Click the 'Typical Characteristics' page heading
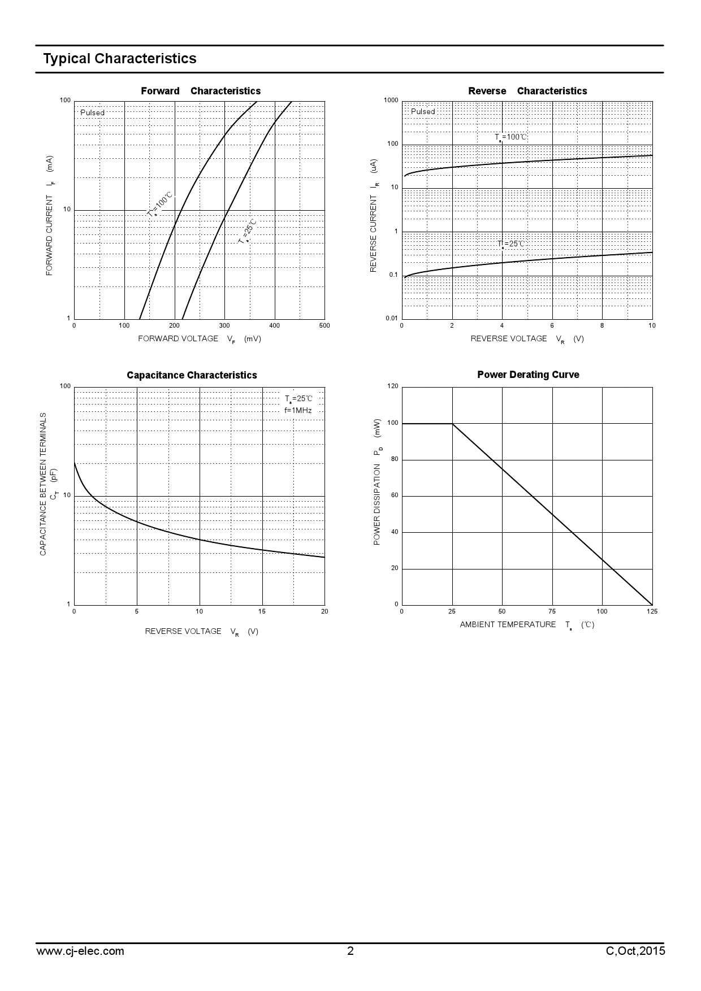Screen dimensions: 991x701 pyautogui.click(x=120, y=59)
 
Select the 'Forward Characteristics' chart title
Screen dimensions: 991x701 pyautogui.click(x=201, y=91)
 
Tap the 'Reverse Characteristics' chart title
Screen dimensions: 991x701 pyautogui.click(x=527, y=91)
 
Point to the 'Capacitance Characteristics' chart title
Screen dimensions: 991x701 pyautogui.click(x=192, y=375)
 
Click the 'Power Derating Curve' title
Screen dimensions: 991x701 pyautogui.click(x=528, y=375)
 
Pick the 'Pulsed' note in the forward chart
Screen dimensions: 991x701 pyautogui.click(x=92, y=112)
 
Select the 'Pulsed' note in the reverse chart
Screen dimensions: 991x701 pyautogui.click(x=423, y=111)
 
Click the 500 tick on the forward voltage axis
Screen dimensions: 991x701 pyautogui.click(x=324, y=325)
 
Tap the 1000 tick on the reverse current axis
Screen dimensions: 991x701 pyautogui.click(x=391, y=101)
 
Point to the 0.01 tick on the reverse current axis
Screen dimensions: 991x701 pyautogui.click(x=391, y=319)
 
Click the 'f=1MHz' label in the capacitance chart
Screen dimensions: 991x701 pyautogui.click(x=298, y=411)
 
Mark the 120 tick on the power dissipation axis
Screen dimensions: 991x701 pyautogui.click(x=393, y=386)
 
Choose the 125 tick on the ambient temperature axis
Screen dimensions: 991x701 pyautogui.click(x=652, y=611)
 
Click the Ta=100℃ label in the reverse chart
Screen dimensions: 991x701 pyautogui.click(x=511, y=137)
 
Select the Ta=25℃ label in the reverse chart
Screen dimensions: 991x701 pyautogui.click(x=511, y=244)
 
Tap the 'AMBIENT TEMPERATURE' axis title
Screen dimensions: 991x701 pyautogui.click(x=508, y=624)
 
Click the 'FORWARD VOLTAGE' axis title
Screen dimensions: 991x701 pyautogui.click(x=178, y=338)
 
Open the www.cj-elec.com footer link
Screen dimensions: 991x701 pyautogui.click(x=80, y=951)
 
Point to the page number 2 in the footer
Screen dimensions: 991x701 pyautogui.click(x=350, y=951)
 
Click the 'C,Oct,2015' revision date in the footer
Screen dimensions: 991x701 pyautogui.click(x=635, y=951)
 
